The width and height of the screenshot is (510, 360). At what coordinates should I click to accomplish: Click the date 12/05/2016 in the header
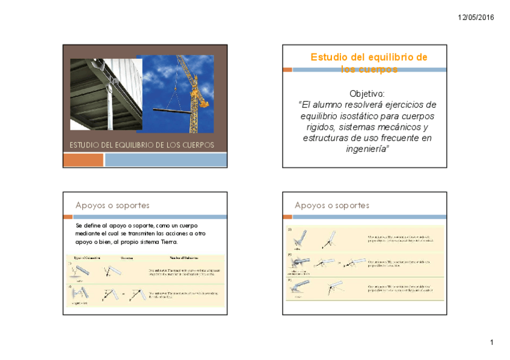[475, 17]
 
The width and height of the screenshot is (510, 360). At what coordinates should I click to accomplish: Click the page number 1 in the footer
[491, 343]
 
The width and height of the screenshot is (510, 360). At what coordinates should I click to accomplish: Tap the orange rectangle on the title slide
[83, 160]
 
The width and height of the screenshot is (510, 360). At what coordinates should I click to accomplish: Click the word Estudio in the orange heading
[330, 57]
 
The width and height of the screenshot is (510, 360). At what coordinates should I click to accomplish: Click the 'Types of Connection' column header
[87, 258]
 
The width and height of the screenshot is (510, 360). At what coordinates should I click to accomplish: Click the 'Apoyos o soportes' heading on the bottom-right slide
[331, 206]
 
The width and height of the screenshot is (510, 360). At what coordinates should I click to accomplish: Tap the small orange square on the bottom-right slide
[287, 217]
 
